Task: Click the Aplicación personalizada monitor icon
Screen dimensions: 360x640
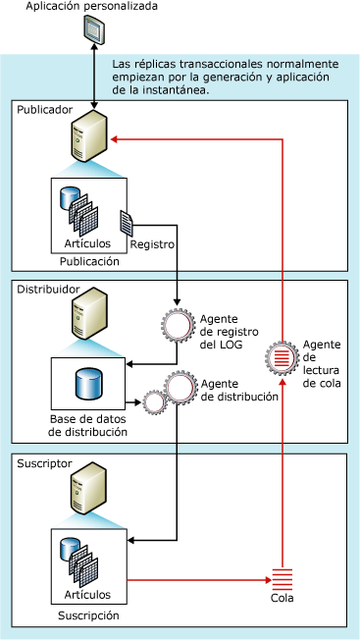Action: pos(94,28)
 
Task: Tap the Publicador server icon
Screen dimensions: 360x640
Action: pos(89,136)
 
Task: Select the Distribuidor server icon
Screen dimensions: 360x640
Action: pos(89,313)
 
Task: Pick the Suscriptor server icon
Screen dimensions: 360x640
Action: pos(89,487)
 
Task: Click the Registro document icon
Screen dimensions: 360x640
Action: pos(127,223)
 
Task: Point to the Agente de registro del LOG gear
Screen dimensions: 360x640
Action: pos(178,325)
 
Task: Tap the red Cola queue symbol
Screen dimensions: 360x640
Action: pos(283,579)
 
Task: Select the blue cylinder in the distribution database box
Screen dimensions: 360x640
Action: pos(89,383)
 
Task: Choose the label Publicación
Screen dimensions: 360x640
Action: pos(89,262)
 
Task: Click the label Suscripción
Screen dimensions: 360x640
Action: pos(88,615)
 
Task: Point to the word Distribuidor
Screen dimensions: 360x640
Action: pos(43,290)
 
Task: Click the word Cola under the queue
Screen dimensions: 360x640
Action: pos(283,599)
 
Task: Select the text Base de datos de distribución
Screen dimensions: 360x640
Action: pos(88,425)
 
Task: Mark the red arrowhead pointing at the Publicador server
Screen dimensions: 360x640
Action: pos(115,139)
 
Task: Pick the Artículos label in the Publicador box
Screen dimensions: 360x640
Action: pos(87,243)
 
